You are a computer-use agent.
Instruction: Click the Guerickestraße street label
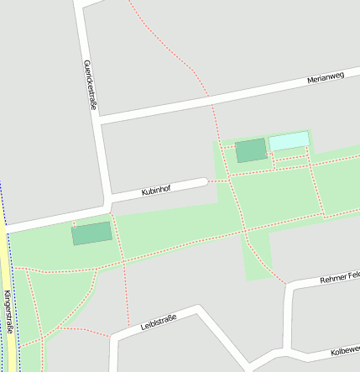point(90,83)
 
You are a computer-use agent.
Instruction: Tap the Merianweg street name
point(326,77)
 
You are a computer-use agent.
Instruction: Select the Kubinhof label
point(156,191)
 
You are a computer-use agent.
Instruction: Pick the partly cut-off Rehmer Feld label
point(339,277)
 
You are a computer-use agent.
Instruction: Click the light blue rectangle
point(288,140)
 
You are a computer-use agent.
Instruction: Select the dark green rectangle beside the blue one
point(250,150)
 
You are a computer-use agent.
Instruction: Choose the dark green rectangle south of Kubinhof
point(91,233)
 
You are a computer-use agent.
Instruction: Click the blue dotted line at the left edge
point(2,202)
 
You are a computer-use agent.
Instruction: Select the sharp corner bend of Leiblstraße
point(201,311)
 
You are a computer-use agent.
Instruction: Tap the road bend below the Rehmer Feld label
point(291,287)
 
